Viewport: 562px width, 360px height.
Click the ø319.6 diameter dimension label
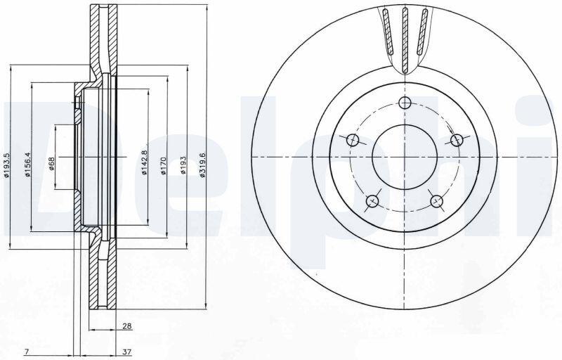202,165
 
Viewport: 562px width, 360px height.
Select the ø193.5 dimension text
6,165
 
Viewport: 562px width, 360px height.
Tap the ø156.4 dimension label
27,165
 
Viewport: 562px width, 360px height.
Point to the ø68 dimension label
51,164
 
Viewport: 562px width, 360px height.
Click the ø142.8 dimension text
145,162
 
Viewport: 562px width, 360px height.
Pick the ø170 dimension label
164,165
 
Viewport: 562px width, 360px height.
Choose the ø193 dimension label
183,165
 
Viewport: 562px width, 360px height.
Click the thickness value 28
127,326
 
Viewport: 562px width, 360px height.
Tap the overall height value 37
126,352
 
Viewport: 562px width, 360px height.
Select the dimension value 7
26,352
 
